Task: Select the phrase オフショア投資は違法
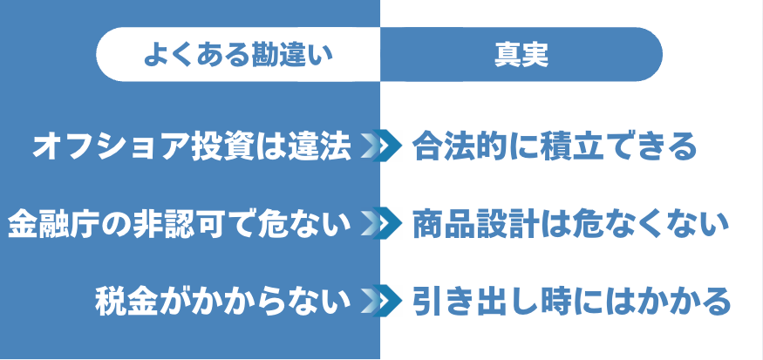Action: click(x=191, y=146)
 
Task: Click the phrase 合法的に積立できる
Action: click(x=555, y=146)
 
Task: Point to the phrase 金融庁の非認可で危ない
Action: click(x=179, y=224)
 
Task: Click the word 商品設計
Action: click(x=474, y=224)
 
